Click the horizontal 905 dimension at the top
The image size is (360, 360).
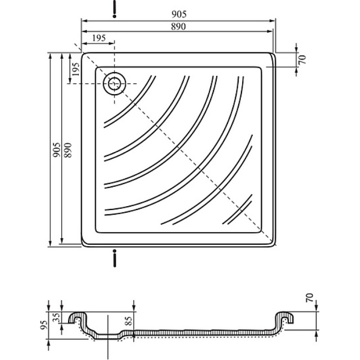click(x=179, y=14)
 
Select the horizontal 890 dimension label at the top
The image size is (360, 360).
click(x=178, y=27)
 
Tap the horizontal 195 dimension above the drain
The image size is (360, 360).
click(x=99, y=38)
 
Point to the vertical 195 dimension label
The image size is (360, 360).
click(x=75, y=69)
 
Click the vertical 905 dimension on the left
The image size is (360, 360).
click(x=57, y=150)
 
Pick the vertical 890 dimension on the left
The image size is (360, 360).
click(x=68, y=150)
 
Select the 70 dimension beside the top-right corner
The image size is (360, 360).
click(x=303, y=59)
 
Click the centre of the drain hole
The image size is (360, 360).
click(x=114, y=83)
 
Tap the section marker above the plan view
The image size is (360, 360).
click(x=115, y=9)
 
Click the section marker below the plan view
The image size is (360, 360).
click(x=115, y=258)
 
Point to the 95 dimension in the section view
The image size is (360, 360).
click(x=44, y=325)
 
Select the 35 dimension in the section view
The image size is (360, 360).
click(x=57, y=317)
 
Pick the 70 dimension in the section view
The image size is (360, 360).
click(x=310, y=297)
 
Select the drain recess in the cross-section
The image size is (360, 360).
click(x=108, y=336)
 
